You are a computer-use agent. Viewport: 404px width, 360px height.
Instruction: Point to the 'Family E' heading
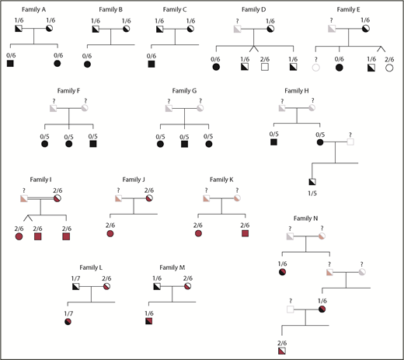pyautogui.click(x=351, y=9)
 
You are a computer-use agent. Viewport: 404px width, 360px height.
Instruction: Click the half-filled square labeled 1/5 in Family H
pyautogui.click(x=312, y=182)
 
